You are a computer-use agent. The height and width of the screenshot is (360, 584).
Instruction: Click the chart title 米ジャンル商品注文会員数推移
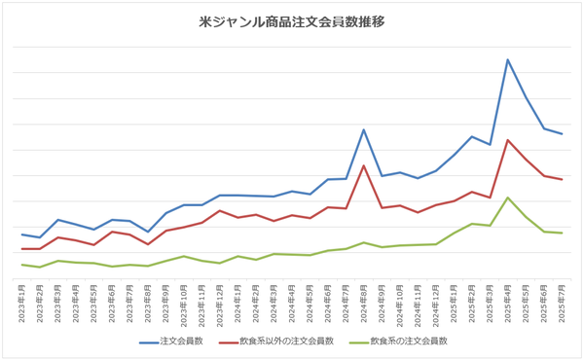point(291,22)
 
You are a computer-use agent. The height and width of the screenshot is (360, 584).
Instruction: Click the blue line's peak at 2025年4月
point(508,59)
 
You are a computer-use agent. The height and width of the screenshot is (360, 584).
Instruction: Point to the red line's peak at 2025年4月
point(508,139)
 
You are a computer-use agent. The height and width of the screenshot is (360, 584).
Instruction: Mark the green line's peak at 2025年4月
point(508,198)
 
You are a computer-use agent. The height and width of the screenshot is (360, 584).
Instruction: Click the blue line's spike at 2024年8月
point(364,129)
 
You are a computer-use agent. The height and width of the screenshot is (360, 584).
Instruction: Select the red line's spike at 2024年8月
point(364,165)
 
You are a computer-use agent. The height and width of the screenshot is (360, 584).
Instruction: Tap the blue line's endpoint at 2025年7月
point(562,134)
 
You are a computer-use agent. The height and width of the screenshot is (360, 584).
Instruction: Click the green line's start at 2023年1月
point(22,265)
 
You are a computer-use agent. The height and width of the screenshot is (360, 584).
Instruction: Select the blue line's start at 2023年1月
point(22,234)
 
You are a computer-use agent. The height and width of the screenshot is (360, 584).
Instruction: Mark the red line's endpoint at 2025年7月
point(562,180)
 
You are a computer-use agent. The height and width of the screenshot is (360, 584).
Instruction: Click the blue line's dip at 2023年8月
point(148,232)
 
